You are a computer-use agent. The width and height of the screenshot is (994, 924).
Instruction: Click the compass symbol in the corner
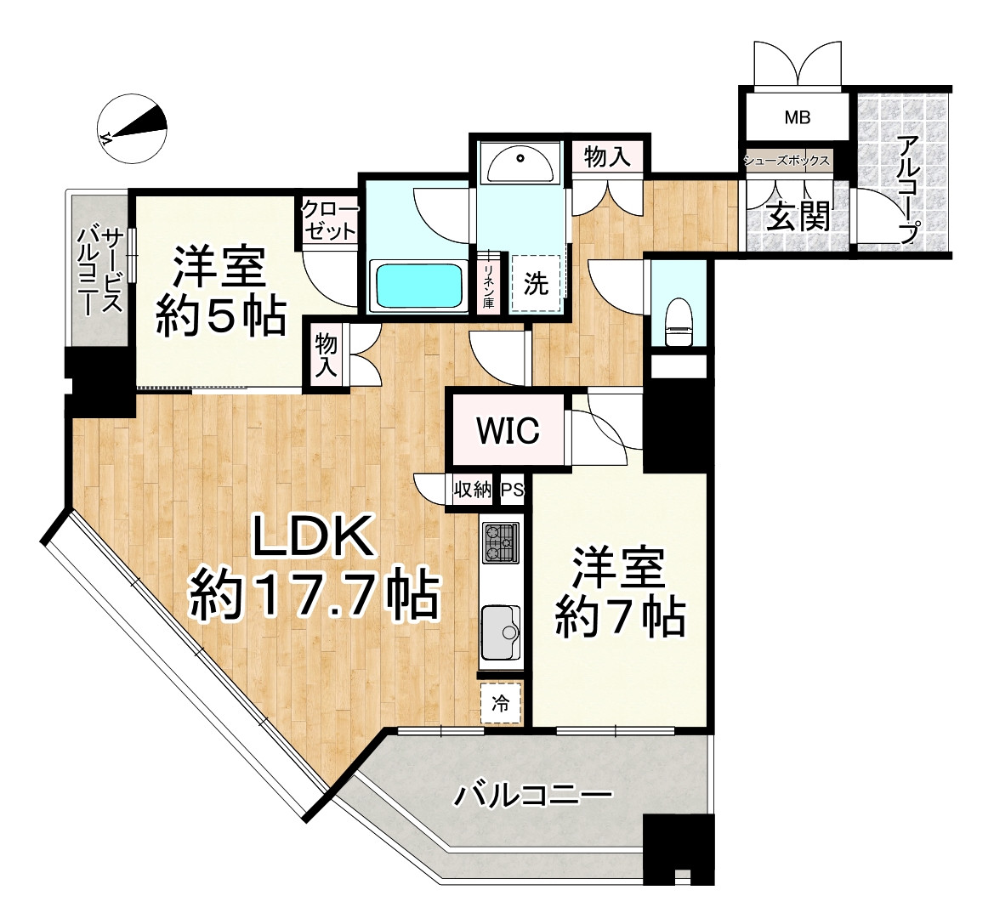point(133,128)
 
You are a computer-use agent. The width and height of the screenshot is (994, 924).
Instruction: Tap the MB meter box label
point(797,117)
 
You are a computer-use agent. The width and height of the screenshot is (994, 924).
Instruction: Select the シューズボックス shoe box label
point(787,161)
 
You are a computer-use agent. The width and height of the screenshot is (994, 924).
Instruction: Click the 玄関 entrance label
point(798,217)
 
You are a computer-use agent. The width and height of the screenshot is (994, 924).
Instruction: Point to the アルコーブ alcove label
point(908,190)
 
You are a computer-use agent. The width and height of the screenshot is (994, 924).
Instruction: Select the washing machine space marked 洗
point(536,283)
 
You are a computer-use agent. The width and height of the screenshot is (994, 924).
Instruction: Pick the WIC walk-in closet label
point(508,431)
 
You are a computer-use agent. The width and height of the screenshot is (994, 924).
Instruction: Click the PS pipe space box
point(513,490)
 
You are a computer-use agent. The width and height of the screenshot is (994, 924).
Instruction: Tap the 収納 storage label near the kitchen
point(472,490)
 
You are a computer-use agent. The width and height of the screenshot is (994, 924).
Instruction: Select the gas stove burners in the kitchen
point(501,542)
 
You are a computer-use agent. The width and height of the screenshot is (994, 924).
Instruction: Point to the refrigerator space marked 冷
point(501,703)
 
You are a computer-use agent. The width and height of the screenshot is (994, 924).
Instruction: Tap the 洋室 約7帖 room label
point(619,592)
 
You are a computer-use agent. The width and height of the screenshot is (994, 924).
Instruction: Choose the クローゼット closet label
point(329,220)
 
